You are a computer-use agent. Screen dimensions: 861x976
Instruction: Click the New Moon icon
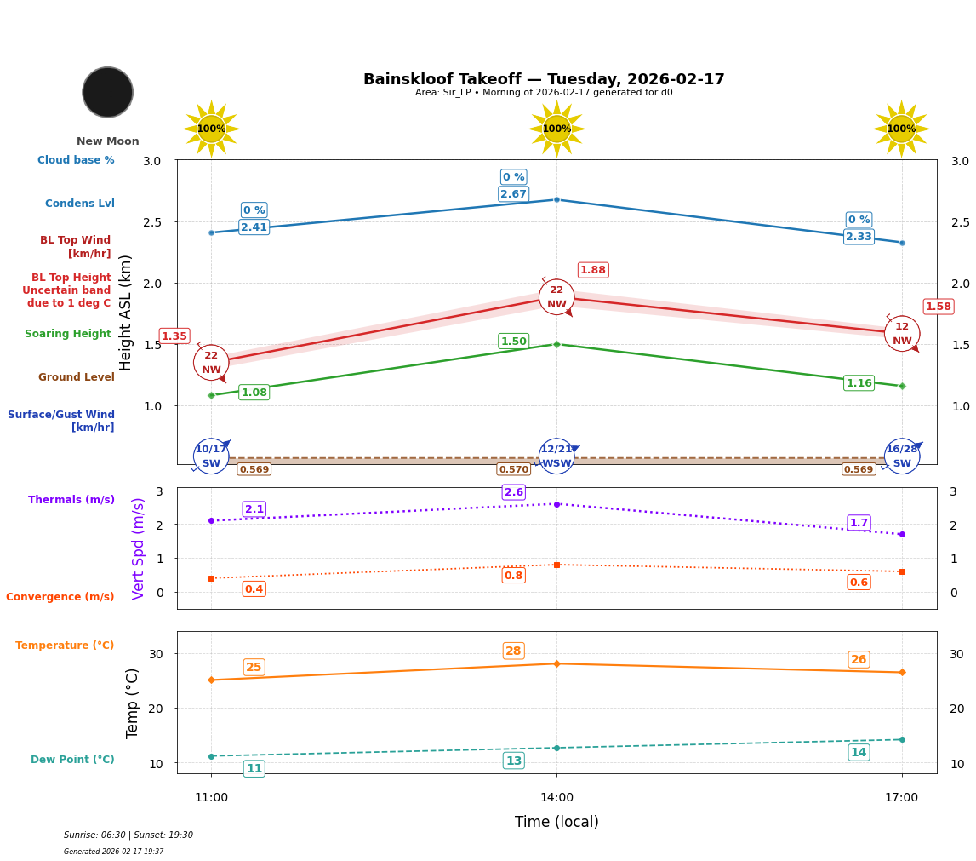[x=108, y=92]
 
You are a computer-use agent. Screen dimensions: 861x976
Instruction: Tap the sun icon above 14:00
[x=556, y=129]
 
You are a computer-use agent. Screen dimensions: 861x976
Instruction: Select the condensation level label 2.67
[x=513, y=194]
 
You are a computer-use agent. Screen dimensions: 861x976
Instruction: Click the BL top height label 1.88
[x=593, y=270]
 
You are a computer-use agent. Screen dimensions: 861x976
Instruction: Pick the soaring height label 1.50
[x=513, y=342]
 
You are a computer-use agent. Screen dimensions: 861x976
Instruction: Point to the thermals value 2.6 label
[x=513, y=492]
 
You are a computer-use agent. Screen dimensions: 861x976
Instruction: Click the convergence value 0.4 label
[x=254, y=589]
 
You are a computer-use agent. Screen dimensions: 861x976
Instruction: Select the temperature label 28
[x=513, y=651]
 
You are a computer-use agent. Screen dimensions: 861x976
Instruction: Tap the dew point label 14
[x=859, y=752]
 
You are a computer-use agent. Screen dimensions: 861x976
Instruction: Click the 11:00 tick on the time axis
[x=211, y=797]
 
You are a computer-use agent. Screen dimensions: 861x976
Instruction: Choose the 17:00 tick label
[x=901, y=797]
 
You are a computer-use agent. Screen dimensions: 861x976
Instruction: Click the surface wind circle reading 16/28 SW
[x=901, y=456]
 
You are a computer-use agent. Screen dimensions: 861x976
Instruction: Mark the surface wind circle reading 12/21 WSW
[x=556, y=456]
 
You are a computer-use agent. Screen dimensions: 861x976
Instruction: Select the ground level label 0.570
[x=513, y=469]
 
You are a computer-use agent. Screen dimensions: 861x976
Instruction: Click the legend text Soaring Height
[x=68, y=334]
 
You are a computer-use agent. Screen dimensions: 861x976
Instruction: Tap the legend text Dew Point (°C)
[x=72, y=760]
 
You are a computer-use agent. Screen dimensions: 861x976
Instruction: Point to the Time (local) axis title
[x=556, y=822]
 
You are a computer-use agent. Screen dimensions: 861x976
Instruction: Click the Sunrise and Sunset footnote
[x=128, y=835]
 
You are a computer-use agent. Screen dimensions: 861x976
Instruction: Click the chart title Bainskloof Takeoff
[x=544, y=79]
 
